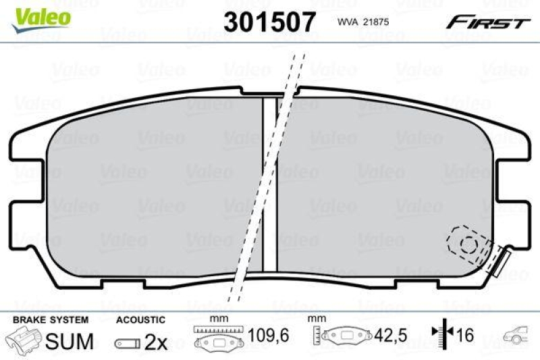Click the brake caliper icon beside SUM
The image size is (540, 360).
(x=25, y=340)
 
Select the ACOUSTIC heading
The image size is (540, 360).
(x=140, y=319)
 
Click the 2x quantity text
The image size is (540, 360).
(x=156, y=342)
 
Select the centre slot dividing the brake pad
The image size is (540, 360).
(x=270, y=182)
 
